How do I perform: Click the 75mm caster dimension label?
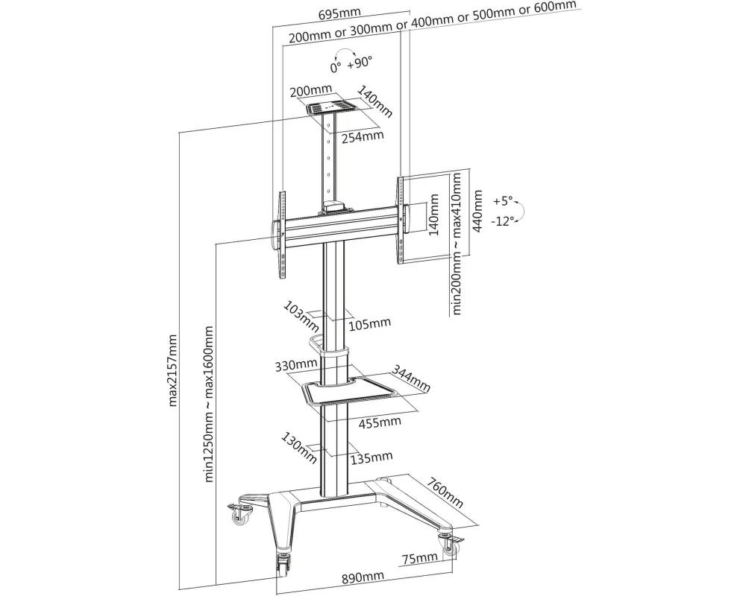tap(419, 558)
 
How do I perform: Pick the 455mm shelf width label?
tap(380, 422)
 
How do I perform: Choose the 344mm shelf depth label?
tap(411, 378)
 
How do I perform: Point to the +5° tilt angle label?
tap(504, 200)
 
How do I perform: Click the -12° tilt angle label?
tap(504, 221)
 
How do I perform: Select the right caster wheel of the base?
tap(451, 546)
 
